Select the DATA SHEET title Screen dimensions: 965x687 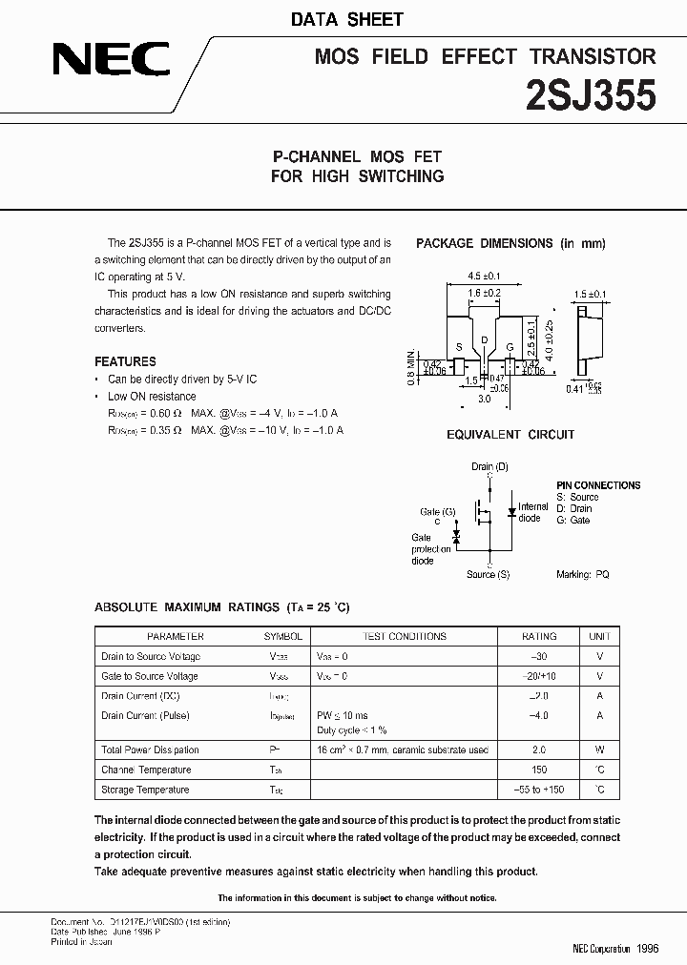point(360,19)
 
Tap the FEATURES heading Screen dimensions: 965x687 point(125,361)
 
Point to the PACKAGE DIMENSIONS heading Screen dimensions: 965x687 point(510,244)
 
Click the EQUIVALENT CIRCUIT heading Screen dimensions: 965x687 point(510,435)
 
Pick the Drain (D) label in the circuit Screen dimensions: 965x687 point(489,467)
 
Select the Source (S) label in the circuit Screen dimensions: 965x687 point(488,574)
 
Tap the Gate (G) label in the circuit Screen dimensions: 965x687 point(437,512)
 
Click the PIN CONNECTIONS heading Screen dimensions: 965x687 point(598,485)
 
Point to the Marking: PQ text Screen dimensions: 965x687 point(582,574)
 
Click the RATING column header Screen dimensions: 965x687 point(539,636)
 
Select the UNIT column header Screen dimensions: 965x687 point(599,636)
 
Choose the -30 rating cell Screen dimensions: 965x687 point(539,656)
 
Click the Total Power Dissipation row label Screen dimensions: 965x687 point(151,750)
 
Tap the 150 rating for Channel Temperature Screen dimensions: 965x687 point(539,770)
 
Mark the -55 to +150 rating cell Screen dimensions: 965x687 point(539,790)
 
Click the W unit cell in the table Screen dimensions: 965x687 point(599,750)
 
